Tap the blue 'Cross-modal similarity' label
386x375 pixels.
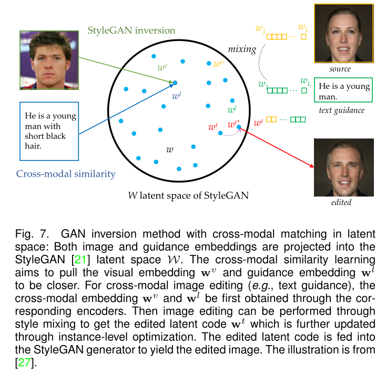click(x=66, y=174)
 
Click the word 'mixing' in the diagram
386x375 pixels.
click(x=241, y=49)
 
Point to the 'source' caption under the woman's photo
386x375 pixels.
click(x=340, y=69)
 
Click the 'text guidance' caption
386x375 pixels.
click(x=341, y=110)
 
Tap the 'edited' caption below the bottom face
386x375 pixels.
click(x=340, y=202)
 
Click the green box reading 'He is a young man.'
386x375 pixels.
click(x=343, y=89)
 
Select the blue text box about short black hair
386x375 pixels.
click(x=48, y=131)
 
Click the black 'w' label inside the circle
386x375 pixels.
click(x=170, y=150)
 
